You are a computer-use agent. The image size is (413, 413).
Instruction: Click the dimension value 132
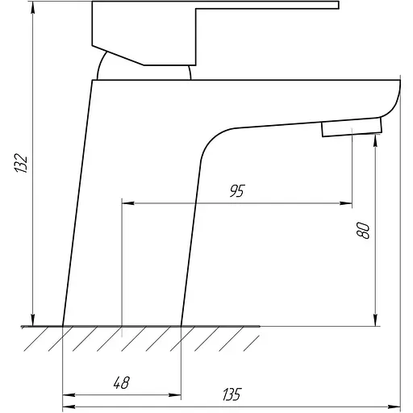21,163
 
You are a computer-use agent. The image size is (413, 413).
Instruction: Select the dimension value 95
237,190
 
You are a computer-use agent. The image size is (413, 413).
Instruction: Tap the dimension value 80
363,231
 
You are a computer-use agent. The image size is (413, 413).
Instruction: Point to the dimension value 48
122,382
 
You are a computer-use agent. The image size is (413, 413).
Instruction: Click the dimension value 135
232,394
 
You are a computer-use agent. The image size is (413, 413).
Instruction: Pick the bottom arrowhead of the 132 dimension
33,320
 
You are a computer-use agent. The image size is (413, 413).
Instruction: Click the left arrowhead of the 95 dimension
128,203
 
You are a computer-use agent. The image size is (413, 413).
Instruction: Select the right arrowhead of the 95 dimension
346,203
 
